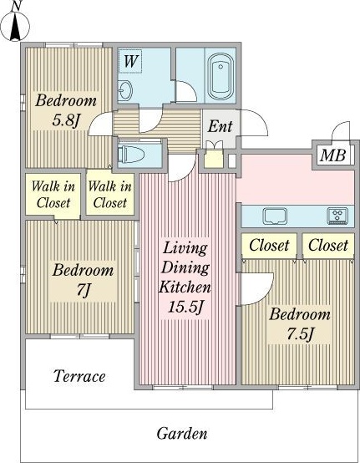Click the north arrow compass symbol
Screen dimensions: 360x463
pos(15,25)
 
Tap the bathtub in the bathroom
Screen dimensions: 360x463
pos(221,76)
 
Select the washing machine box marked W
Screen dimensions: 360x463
pos(129,61)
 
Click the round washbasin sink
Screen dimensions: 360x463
pos(124,89)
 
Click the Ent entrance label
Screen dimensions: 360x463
pos(221,127)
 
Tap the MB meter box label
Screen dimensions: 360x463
pos(332,155)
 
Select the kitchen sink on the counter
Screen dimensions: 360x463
pos(276,216)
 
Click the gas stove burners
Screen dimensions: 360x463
pos(337,216)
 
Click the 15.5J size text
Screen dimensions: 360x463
pos(185,307)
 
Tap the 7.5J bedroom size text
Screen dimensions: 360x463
pos(300,333)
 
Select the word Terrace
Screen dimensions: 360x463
pos(79,376)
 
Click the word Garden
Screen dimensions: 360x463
pos(182,434)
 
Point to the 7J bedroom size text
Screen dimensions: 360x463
pos(83,290)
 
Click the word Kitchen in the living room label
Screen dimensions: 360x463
pos(185,287)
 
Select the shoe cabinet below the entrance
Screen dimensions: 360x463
pos(214,159)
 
